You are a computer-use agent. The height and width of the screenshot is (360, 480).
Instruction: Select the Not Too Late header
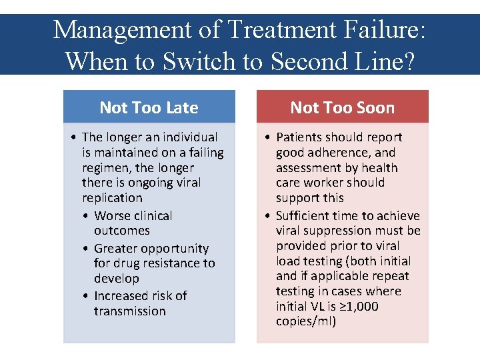tap(149, 107)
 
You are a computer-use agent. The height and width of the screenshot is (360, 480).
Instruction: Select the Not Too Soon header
tap(342, 107)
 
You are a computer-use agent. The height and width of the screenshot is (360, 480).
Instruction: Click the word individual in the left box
tap(188, 137)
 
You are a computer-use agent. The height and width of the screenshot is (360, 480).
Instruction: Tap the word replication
tap(112, 198)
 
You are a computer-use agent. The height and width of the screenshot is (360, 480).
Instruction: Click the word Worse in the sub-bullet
tap(113, 216)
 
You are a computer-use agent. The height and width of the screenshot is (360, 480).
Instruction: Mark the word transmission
tap(129, 311)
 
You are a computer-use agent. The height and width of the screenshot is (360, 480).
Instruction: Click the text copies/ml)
tap(306, 322)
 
